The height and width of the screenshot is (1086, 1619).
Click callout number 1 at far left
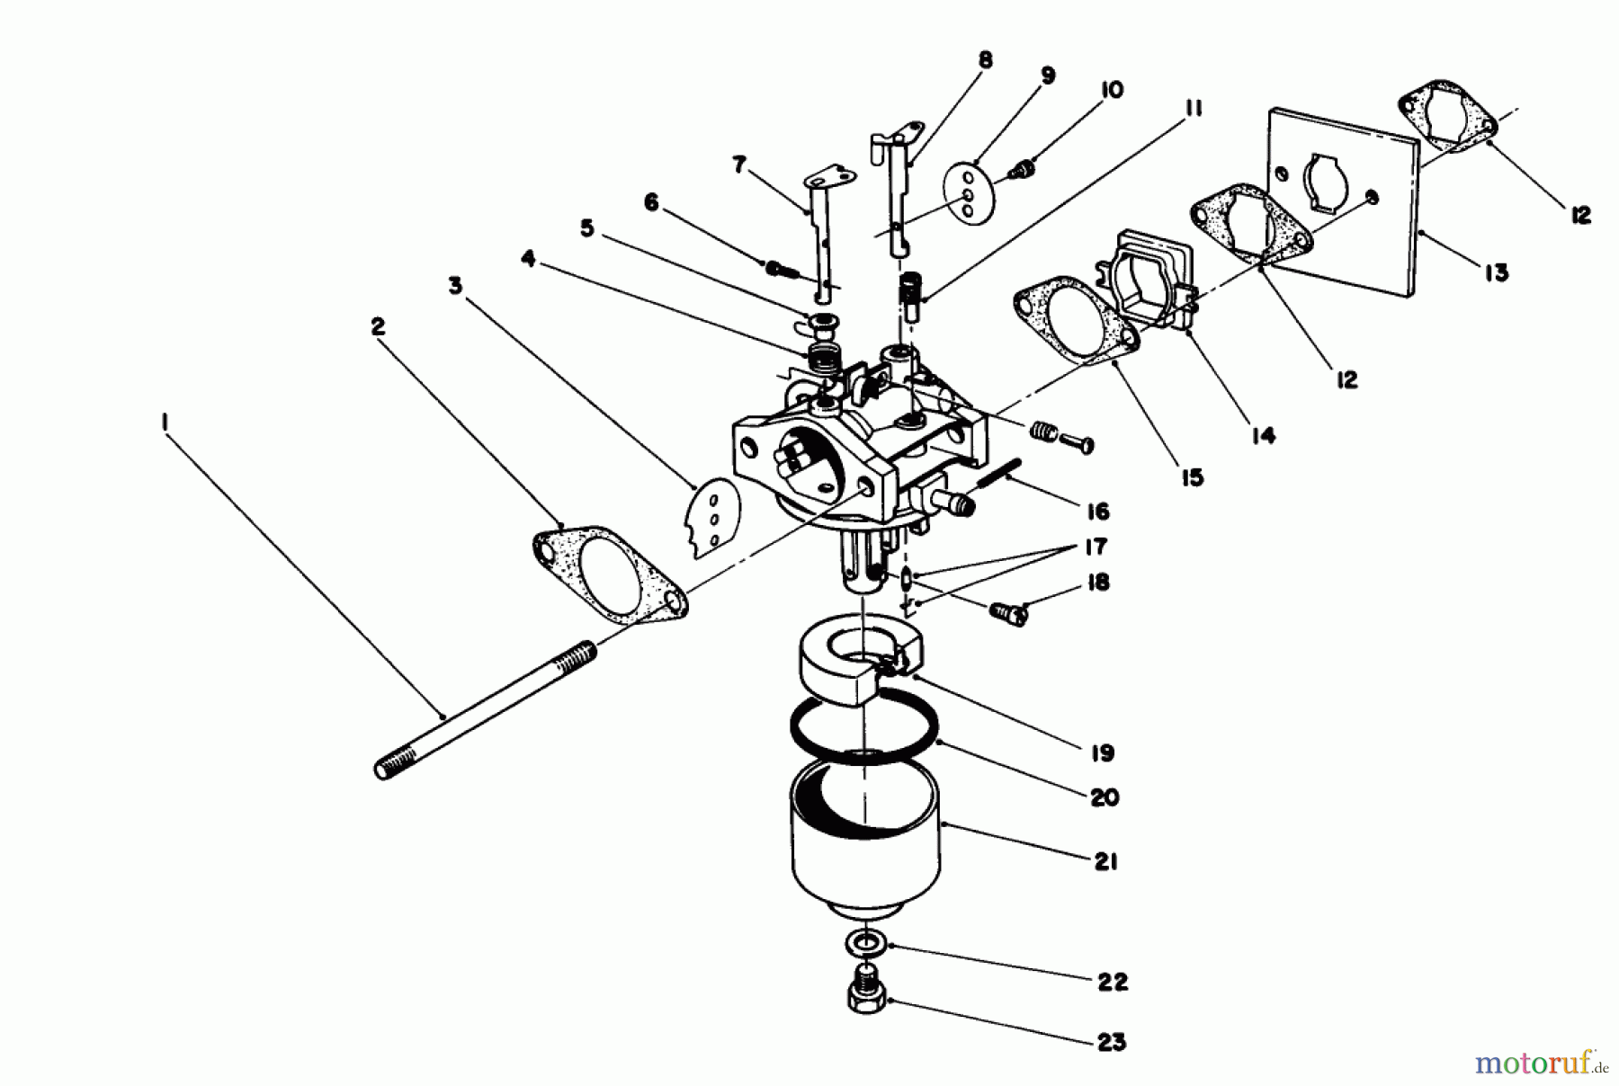[x=165, y=420]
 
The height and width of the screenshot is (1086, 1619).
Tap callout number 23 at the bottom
[x=1112, y=1042]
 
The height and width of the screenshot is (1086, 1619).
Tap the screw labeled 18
[x=1007, y=615]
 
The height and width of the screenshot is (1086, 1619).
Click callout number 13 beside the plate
[x=1496, y=272]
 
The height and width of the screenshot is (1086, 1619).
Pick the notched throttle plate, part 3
[x=711, y=519]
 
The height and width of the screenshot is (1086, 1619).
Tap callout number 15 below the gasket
[x=1192, y=477]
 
